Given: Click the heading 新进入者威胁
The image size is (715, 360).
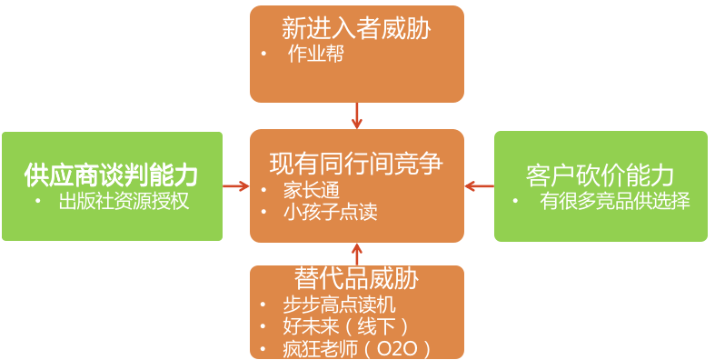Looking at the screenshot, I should coord(356,28).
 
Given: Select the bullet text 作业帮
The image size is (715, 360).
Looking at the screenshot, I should coord(316,54).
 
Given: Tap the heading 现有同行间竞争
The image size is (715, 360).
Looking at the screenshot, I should coord(356,164).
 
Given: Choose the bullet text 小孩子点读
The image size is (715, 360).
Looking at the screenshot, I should coord(330,213).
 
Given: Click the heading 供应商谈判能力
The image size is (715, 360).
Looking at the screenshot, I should coord(112,174).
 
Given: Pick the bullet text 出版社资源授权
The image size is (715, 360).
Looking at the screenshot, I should coord(124,201).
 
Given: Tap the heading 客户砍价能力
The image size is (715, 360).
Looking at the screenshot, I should coord(601,175).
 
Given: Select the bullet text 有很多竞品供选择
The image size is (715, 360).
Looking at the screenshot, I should coord(615,201).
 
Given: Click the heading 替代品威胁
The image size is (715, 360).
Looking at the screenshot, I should coord(356,278).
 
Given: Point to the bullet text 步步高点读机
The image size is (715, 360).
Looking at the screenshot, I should coord(340,305).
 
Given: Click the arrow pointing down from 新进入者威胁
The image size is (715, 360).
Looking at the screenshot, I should coord(357,115).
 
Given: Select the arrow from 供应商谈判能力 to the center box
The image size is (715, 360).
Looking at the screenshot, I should coord(236,186).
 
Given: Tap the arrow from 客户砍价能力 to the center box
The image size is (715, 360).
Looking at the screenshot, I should coord(479,186).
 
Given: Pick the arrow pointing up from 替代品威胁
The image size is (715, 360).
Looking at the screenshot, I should coord(357,254).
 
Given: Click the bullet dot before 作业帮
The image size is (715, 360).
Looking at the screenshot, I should coord(263,54).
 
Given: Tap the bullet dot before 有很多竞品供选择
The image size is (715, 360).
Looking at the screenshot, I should coord(515,201).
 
